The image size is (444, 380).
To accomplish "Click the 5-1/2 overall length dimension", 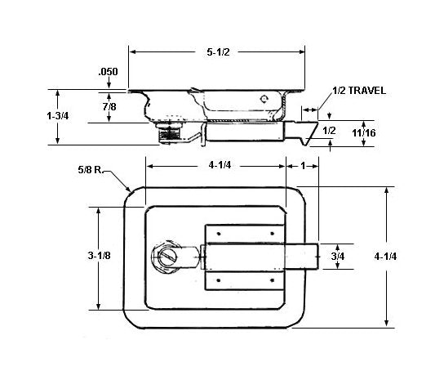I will (x=217, y=51).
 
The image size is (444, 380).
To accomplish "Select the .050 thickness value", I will (x=108, y=72).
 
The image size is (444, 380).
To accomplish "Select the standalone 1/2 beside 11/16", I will (x=330, y=131).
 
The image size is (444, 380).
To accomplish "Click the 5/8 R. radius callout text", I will (x=90, y=170).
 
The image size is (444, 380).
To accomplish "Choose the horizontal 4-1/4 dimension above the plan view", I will (x=217, y=164).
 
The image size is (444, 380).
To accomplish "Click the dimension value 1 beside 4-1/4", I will (x=304, y=164).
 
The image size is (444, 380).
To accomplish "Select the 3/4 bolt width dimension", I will (x=337, y=256).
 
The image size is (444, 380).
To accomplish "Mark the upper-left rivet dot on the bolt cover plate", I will (x=219, y=234).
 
